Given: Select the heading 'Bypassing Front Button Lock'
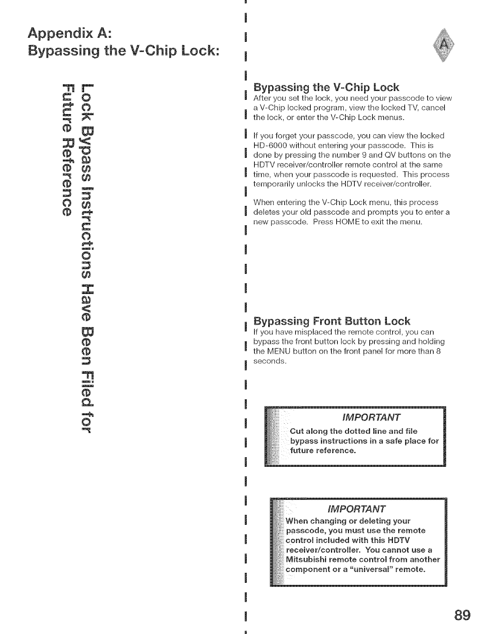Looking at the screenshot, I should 331,321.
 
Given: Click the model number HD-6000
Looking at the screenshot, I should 269,145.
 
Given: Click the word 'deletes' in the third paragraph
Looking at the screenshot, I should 266,212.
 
